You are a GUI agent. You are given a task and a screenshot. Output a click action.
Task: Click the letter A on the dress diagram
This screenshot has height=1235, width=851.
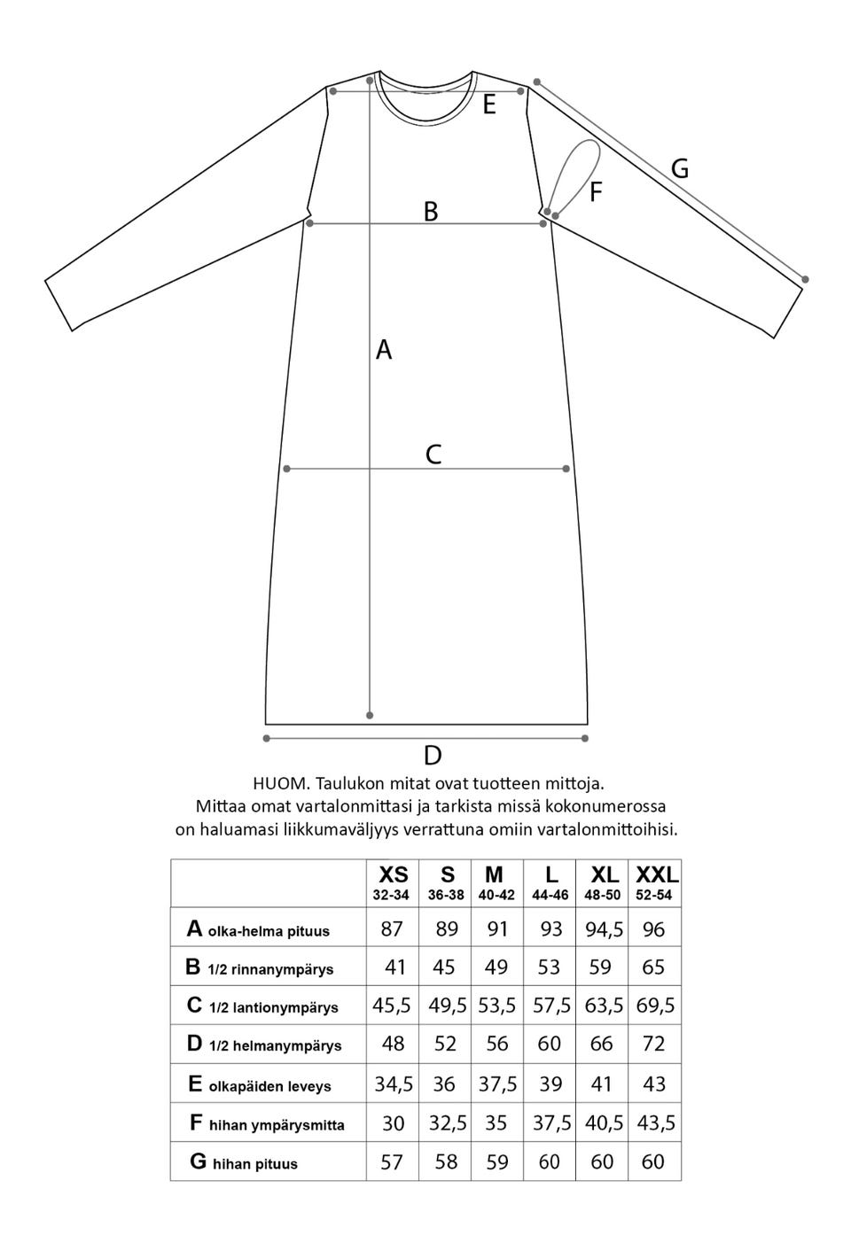tap(384, 350)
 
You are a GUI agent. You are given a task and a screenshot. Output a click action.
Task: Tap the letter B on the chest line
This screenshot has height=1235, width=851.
tap(431, 212)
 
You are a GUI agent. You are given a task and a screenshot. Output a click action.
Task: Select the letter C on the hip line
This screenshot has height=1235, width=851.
tap(433, 454)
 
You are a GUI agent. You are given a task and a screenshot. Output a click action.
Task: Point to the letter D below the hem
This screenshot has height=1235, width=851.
tap(433, 756)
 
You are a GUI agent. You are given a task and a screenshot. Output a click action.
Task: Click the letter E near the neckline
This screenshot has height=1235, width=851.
tap(488, 106)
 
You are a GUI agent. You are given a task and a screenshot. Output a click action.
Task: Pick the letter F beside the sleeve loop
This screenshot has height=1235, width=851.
tap(597, 191)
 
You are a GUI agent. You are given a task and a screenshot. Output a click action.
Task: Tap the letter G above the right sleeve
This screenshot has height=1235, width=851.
tap(680, 168)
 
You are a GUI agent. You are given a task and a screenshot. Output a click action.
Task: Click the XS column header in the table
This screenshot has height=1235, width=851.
tap(393, 876)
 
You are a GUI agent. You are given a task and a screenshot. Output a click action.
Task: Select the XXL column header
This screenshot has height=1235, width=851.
tap(656, 876)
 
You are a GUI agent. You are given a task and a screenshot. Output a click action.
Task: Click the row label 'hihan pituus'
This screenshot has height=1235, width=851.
tap(254, 1163)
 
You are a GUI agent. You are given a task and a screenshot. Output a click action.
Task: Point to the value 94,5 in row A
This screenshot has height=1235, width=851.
tap(603, 929)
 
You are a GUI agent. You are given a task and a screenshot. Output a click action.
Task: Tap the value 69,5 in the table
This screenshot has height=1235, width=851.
tap(655, 1006)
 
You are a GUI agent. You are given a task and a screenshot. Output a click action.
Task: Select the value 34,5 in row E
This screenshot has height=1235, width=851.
tap(393, 1084)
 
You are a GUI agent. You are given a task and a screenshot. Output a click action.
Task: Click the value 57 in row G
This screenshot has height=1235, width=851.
tap(392, 1161)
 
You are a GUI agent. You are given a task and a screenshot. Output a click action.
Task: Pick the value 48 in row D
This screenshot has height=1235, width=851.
tap(393, 1044)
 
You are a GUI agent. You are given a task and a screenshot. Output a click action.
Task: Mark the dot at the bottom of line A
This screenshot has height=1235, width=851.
tap(370, 716)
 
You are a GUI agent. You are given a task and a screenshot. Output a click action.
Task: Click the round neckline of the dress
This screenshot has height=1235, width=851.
tap(424, 116)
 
